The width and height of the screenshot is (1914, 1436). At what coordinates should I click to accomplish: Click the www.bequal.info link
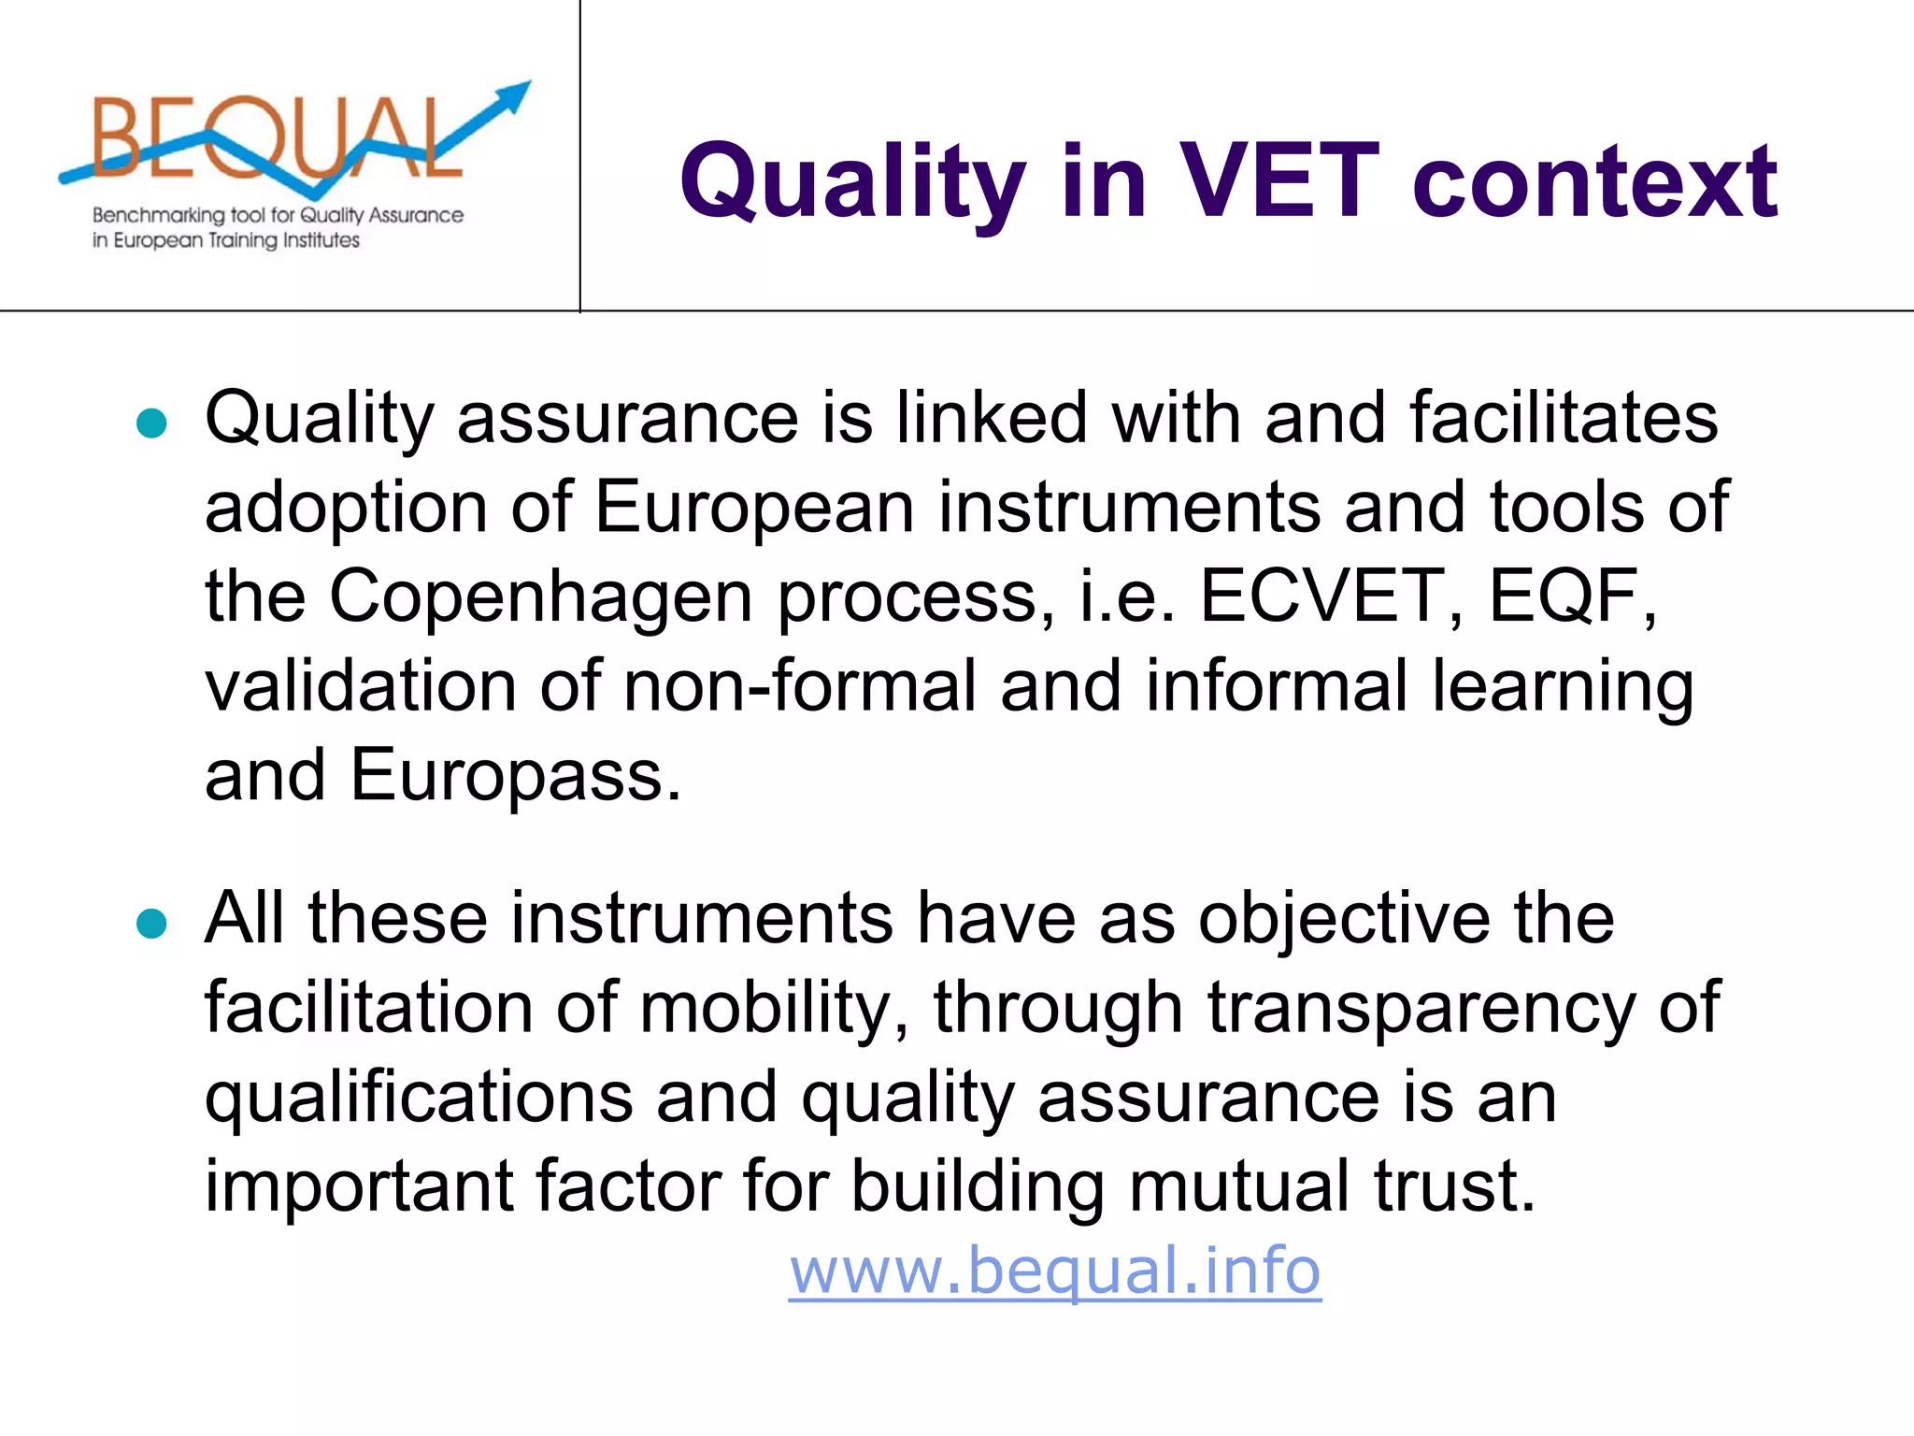point(1054,1271)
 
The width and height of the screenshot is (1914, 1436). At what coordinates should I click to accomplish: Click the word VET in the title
point(1276,180)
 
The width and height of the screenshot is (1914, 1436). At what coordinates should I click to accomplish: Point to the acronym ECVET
point(1320,596)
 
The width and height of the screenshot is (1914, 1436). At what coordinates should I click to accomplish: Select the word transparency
point(1421,1008)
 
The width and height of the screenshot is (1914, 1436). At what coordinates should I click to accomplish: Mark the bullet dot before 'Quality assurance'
point(151,424)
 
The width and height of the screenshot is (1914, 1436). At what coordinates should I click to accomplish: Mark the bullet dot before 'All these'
point(151,925)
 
